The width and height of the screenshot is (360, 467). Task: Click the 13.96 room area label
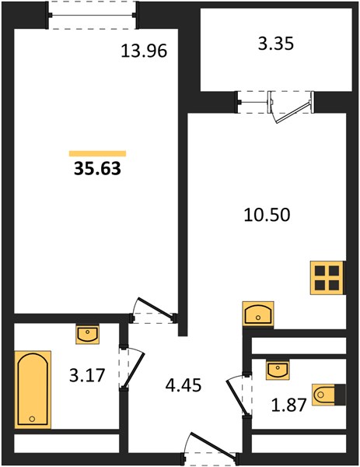coord(144,51)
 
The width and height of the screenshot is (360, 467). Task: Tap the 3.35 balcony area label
coord(276,44)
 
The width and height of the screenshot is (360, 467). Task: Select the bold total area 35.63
coord(98,169)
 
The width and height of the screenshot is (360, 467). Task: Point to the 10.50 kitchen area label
coord(267,215)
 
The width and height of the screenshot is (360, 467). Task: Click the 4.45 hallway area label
coord(183,385)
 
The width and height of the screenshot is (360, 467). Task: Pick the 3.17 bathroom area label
coord(87,375)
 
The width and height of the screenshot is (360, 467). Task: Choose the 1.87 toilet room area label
coord(288,405)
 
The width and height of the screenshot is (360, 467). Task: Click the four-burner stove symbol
coord(327,278)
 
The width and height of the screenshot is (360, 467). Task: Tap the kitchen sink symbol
coord(258,314)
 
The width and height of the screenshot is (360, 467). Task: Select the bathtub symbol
coord(33,390)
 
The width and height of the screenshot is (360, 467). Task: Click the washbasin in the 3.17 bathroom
coord(87,335)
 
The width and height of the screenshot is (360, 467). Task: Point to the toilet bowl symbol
coord(329,395)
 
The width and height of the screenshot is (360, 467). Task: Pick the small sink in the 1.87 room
coord(278,370)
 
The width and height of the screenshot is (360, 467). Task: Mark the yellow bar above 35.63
coord(97,153)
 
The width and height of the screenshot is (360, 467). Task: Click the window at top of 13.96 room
coord(93,16)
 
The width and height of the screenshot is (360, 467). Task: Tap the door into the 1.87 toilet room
coord(237,395)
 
